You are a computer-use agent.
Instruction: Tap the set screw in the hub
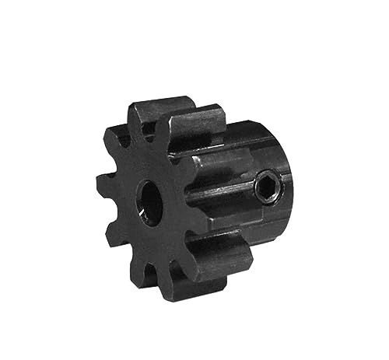(266, 187)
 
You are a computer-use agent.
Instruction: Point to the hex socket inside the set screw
(266, 187)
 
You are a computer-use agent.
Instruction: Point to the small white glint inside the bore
(143, 208)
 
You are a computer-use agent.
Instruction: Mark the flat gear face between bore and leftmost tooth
(126, 190)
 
